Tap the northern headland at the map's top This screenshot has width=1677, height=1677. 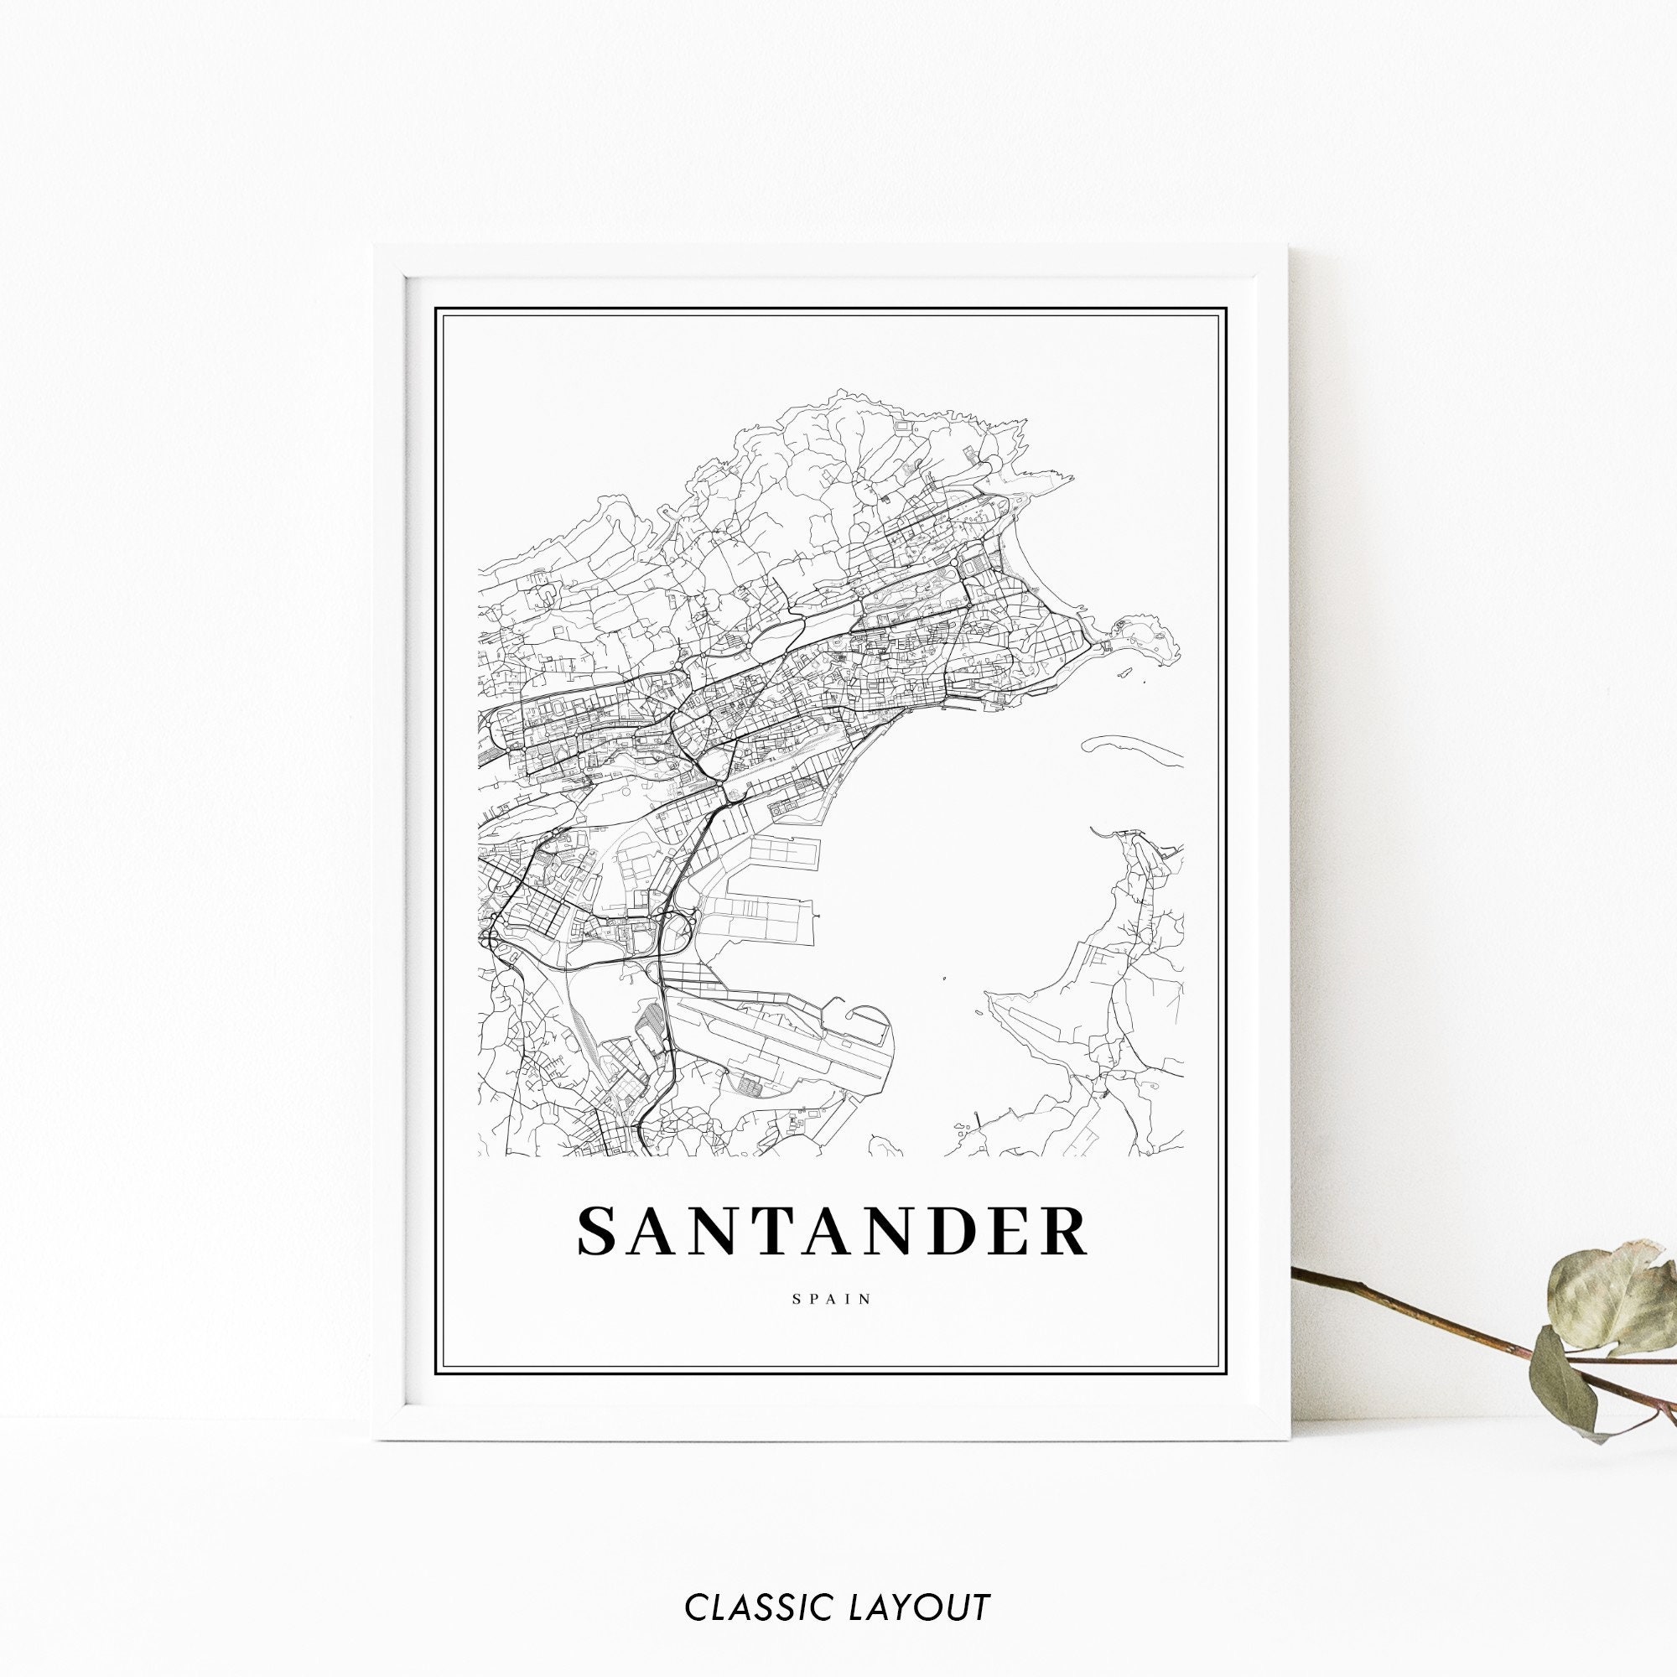tap(868, 434)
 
